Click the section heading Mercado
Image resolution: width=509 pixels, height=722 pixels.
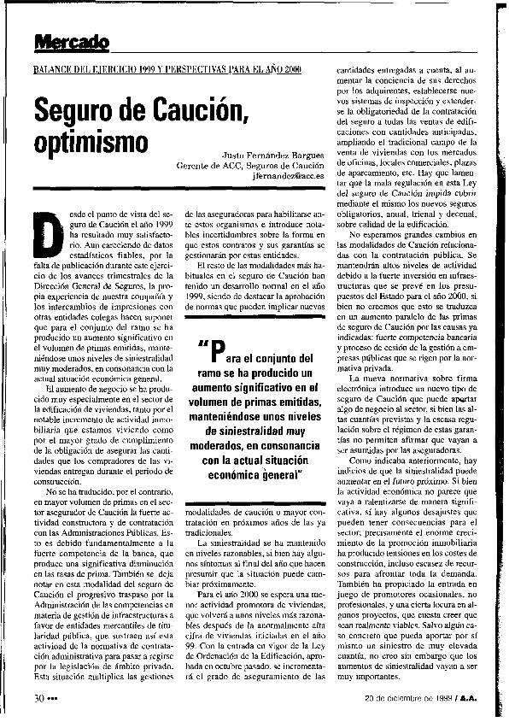coord(72,41)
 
